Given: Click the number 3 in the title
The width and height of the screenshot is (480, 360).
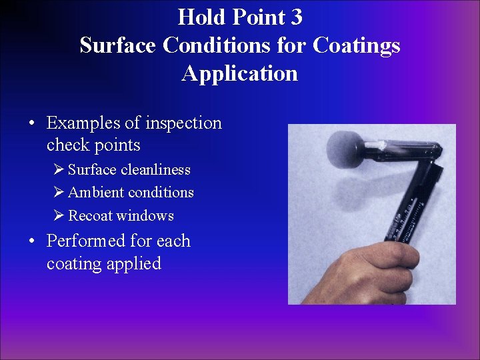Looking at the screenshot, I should click(295, 16).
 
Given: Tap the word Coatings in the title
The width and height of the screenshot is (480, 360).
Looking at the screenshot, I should click(357, 45).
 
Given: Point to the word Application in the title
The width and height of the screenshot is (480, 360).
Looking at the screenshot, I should click(239, 73).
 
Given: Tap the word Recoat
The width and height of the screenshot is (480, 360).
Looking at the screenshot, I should click(89, 215).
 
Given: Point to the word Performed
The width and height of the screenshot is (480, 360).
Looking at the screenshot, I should click(85, 241).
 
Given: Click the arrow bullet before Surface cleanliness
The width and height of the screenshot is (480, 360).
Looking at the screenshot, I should click(59, 170).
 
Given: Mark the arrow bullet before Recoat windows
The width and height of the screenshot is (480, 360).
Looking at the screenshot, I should click(59, 215).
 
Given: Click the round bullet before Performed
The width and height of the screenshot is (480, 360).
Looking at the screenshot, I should click(32, 241).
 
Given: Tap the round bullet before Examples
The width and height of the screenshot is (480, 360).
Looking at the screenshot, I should click(32, 123).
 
